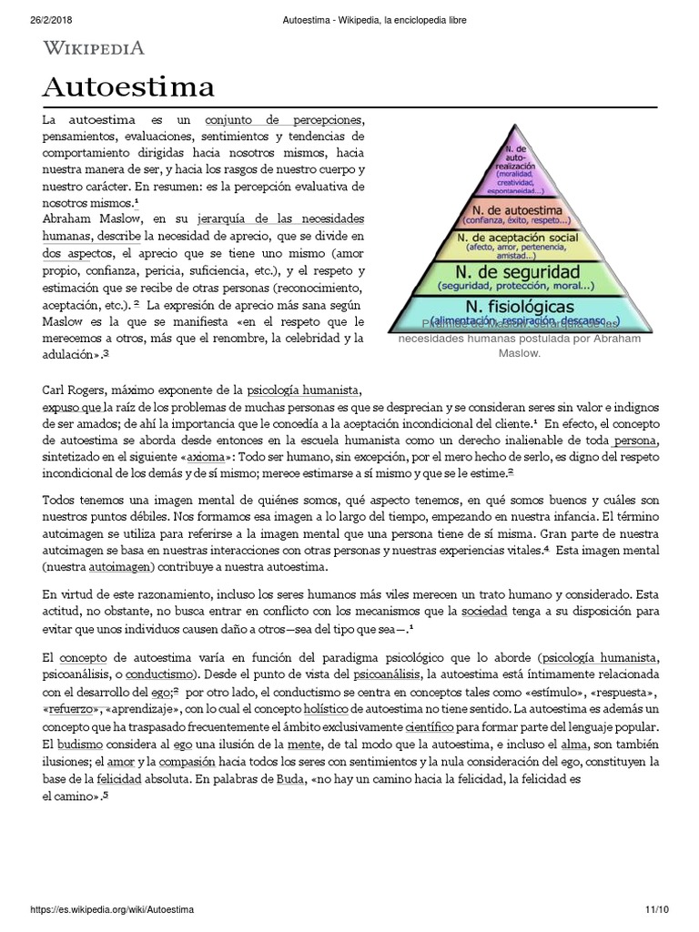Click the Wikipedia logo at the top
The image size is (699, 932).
(x=94, y=48)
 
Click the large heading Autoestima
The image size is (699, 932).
(x=128, y=87)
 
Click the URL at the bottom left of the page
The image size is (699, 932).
(x=112, y=909)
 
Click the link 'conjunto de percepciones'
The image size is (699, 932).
(x=284, y=120)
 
